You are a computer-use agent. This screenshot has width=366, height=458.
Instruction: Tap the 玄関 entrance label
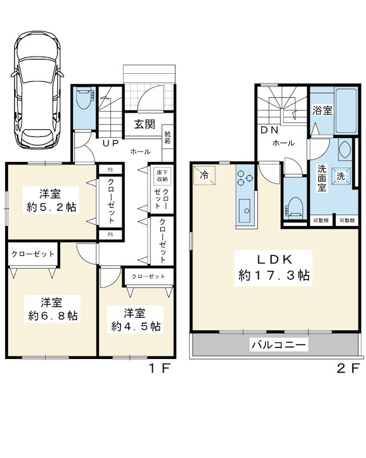tap(145, 124)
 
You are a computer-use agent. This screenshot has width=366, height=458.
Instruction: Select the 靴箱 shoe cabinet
tap(168, 137)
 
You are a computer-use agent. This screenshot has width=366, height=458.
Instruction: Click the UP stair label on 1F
tap(110, 143)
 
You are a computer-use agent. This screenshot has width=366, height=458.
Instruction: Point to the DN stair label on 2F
tap(269, 130)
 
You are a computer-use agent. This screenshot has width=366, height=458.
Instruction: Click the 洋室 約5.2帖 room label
tap(51, 200)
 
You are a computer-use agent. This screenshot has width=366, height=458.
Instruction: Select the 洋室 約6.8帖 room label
tap(53, 309)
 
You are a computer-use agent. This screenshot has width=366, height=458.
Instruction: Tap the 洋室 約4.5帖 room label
tap(136, 319)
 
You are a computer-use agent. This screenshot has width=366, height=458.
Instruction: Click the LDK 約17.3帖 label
tap(274, 267)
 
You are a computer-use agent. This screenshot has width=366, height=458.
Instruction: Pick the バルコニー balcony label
tap(279, 345)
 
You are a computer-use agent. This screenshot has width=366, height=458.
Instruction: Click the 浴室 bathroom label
tap(323, 110)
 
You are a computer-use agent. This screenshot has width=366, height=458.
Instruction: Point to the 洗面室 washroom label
tap(321, 178)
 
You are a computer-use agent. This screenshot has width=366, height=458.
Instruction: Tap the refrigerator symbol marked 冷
tap(204, 175)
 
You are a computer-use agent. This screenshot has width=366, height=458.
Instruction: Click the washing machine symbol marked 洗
tap(341, 176)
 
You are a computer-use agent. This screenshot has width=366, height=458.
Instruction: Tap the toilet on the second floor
tap(294, 207)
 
